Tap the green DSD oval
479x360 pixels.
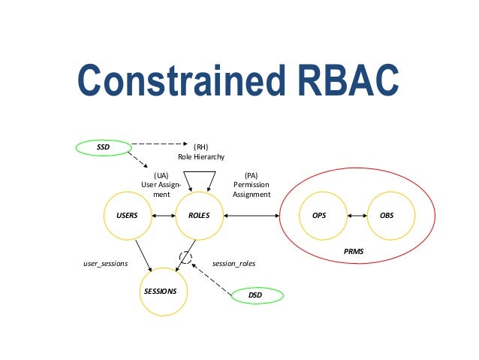[256, 295]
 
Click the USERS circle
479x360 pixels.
[128, 216]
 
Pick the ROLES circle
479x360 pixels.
[199, 216]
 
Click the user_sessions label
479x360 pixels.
[105, 265]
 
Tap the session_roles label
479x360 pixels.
[234, 265]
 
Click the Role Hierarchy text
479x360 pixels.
[200, 156]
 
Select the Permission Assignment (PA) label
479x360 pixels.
[252, 185]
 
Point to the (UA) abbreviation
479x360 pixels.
[161, 175]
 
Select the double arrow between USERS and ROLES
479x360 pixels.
[163, 216]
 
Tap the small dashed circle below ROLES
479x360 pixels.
[185, 258]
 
